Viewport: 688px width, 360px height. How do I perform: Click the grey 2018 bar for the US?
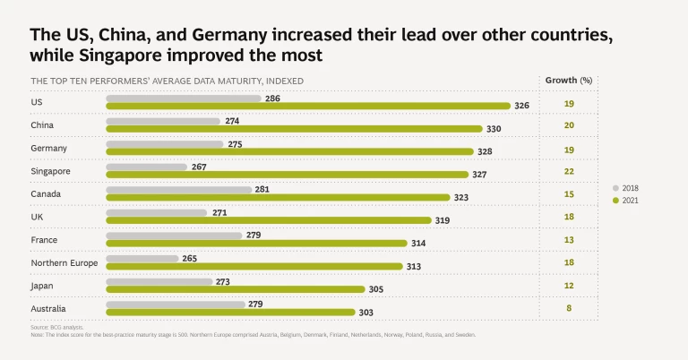pos(184,98)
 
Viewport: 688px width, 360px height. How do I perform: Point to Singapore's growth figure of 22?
pos(568,171)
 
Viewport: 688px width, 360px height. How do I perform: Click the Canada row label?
pos(44,193)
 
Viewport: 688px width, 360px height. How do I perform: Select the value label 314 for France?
pos(419,244)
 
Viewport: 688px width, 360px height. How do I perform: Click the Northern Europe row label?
pos(64,262)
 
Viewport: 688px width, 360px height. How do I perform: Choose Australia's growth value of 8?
pos(568,309)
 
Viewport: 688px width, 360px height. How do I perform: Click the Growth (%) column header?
pos(569,80)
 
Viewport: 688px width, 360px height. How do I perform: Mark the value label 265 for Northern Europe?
pos(188,258)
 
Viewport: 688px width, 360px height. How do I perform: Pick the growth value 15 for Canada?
pos(568,193)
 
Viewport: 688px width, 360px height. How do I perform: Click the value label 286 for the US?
pos(272,98)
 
